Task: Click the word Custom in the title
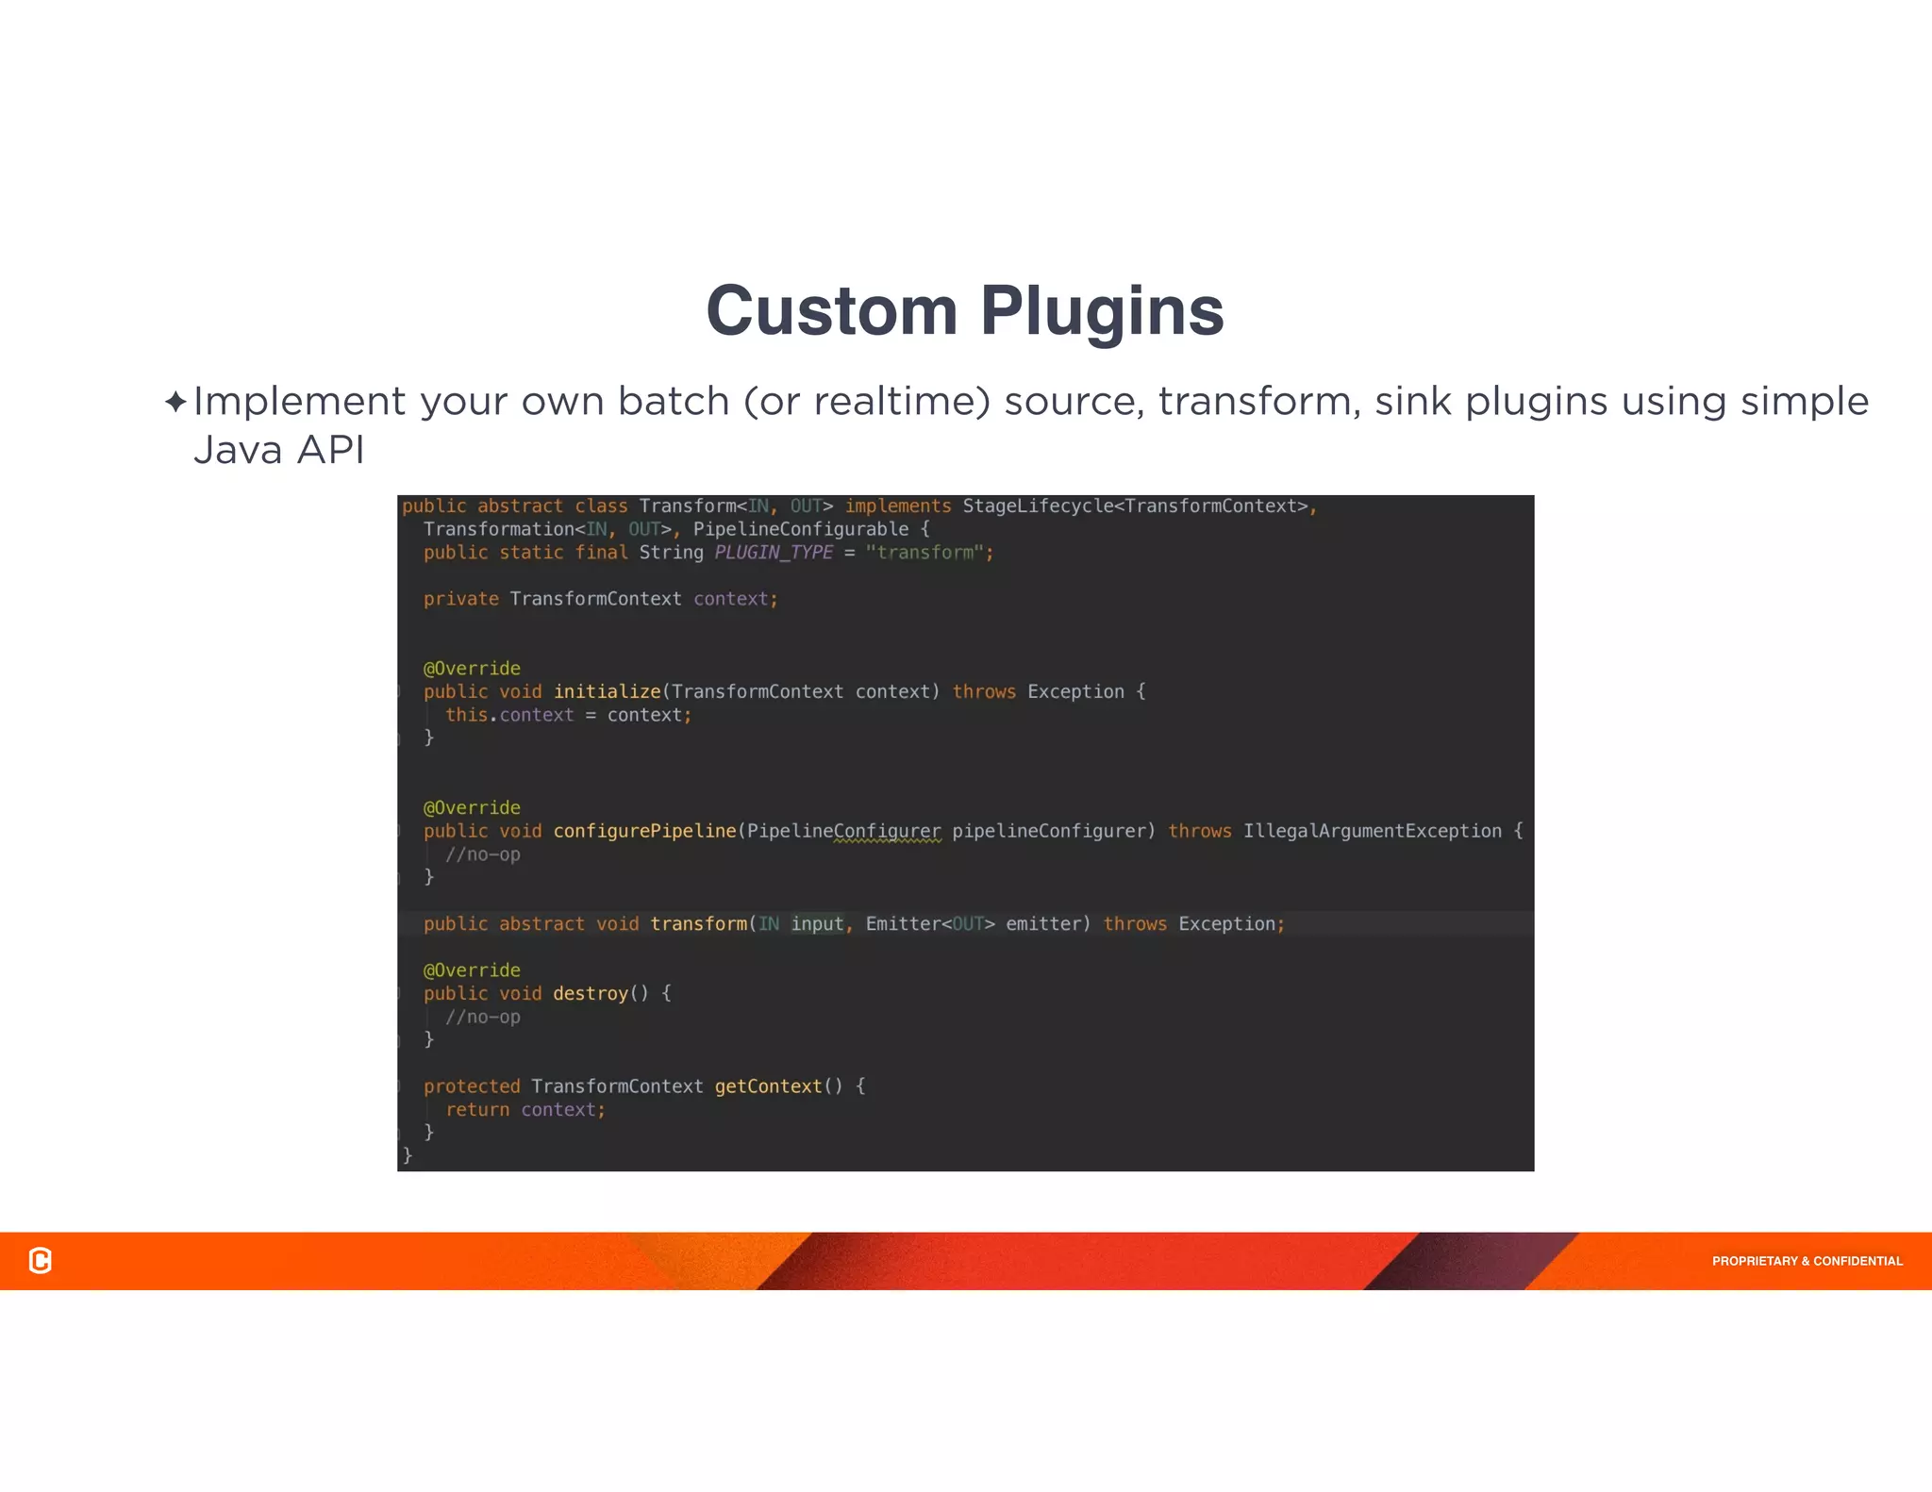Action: coord(831,310)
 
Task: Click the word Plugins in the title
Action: coord(1102,312)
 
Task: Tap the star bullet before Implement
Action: coord(175,402)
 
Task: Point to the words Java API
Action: coord(278,450)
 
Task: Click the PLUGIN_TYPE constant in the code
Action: coord(774,553)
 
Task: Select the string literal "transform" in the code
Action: coord(924,553)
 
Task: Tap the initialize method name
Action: coord(607,691)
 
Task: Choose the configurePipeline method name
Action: coord(644,831)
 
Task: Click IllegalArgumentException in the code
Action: coord(1372,831)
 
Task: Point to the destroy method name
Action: coord(591,993)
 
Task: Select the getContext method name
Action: coord(768,1086)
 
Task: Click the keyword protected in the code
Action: coord(472,1086)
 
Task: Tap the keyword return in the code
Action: coord(477,1110)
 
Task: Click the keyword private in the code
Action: coord(460,599)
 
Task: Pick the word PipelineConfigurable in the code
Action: coord(801,529)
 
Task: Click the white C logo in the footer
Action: coord(41,1260)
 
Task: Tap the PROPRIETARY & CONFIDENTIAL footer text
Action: coord(1807,1261)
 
